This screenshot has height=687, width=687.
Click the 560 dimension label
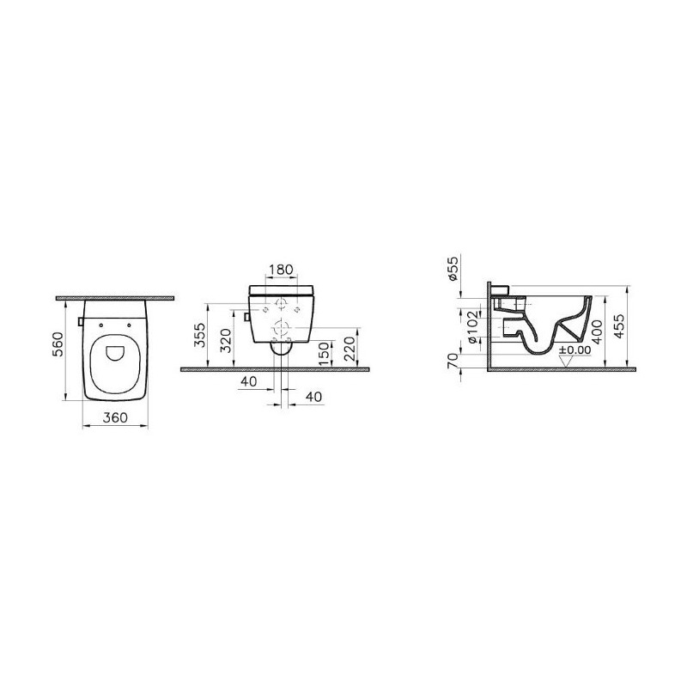coord(58,344)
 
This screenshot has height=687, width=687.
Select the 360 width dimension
coord(115,417)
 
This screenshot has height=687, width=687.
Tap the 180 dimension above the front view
coord(281,270)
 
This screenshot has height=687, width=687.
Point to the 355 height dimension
coord(200,335)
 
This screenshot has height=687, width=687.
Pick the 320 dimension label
coord(226,341)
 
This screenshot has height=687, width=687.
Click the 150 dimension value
coord(324,354)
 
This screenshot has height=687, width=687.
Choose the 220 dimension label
coord(350,349)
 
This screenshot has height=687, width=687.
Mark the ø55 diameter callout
coord(453,269)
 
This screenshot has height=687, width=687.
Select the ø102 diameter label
coord(471,327)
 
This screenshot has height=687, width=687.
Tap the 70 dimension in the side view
coord(454,360)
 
